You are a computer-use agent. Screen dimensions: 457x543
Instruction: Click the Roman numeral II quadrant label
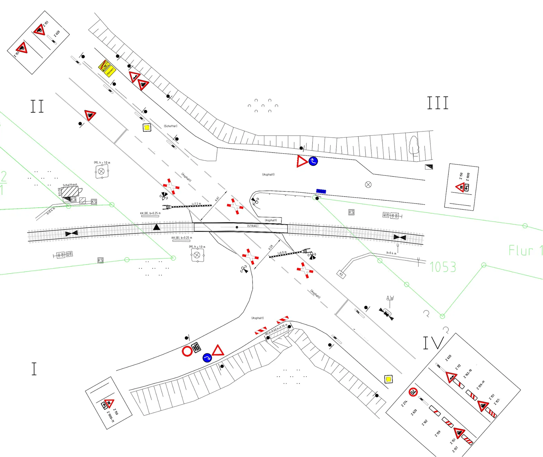37,106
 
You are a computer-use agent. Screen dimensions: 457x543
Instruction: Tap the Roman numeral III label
438,103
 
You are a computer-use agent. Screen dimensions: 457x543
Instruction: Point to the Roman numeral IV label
433,343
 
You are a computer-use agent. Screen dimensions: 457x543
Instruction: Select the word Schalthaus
70,185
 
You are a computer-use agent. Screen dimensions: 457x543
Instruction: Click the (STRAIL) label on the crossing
253,226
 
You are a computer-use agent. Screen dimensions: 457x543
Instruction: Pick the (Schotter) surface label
170,126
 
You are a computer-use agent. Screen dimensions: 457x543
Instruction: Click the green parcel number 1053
443,267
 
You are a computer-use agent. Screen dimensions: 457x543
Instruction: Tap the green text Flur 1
525,250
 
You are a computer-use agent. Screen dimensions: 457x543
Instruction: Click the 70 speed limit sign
413,392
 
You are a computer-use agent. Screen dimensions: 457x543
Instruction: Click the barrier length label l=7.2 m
196,204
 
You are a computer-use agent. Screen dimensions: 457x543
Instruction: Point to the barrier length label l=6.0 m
282,253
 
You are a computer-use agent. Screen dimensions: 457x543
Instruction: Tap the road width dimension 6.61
217,199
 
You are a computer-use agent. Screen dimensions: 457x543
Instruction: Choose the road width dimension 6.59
271,247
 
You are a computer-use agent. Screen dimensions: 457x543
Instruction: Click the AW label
390,298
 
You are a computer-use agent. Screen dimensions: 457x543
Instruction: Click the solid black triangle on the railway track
157,227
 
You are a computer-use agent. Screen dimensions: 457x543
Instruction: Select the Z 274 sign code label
404,403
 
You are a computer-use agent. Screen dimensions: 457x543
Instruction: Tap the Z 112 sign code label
458,367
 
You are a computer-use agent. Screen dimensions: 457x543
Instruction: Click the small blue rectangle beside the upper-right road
321,191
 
